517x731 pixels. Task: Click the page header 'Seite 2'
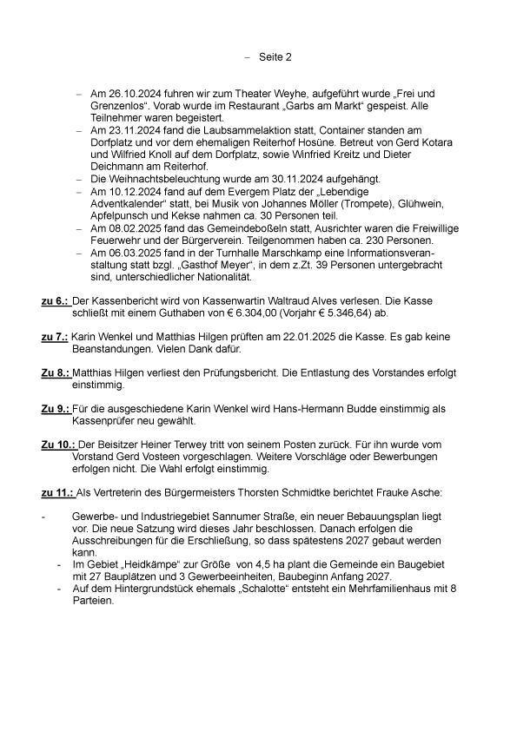[275, 56]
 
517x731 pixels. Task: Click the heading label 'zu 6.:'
[56, 300]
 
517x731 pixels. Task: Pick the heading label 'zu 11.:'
[57, 495]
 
